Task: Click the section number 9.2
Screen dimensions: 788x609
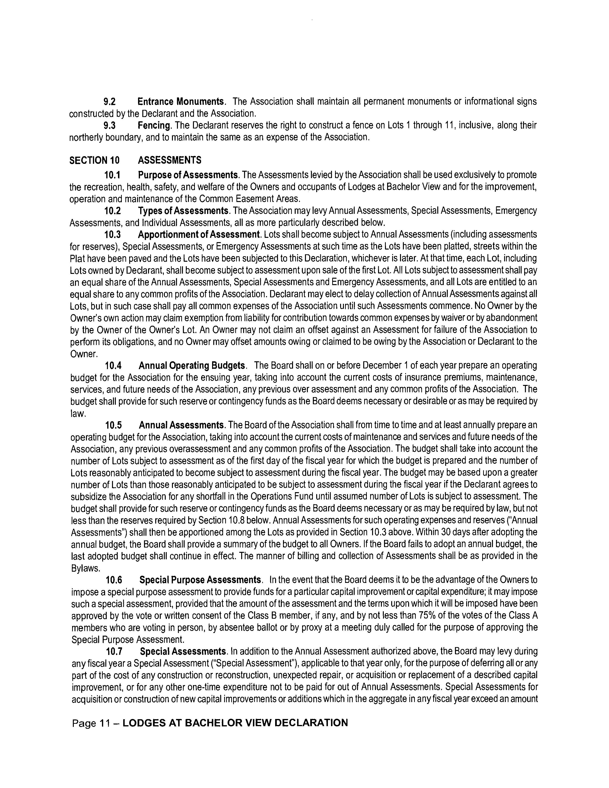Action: click(109, 102)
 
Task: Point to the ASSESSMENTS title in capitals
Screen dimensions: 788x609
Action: click(170, 160)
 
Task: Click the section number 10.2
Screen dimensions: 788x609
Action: click(112, 211)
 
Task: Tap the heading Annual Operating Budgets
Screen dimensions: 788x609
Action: click(192, 366)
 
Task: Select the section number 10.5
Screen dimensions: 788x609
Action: click(113, 425)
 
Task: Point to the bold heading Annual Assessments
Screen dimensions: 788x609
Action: click(182, 425)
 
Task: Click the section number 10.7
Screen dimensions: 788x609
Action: click(114, 652)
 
